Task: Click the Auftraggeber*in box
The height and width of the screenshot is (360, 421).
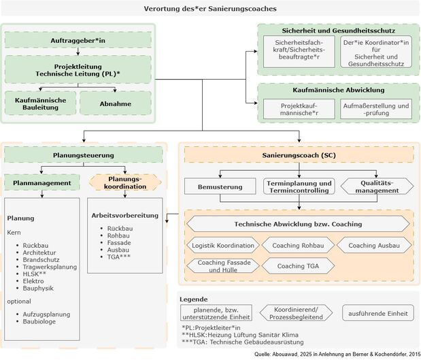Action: pos(78,42)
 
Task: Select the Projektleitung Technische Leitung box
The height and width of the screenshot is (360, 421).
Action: pos(78,69)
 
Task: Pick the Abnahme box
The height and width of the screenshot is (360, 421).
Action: pos(114,103)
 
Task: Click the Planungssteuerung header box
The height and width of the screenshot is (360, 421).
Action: pos(84,155)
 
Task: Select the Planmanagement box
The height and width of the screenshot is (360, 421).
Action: pos(42,183)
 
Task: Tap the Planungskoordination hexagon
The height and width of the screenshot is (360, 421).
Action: pos(125,183)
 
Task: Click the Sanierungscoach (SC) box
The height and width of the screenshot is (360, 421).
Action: pos(299,155)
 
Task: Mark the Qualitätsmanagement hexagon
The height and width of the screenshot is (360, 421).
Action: pos(377,186)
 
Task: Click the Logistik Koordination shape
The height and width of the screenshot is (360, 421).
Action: pos(223,245)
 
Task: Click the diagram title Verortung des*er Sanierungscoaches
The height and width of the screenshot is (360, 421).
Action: pos(210,10)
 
